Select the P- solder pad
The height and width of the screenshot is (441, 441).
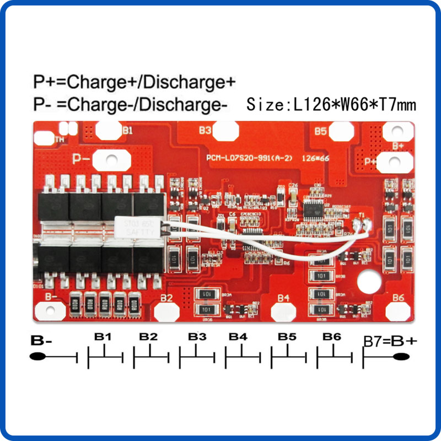pos(111,160)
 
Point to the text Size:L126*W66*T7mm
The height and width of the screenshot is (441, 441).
pos(331,104)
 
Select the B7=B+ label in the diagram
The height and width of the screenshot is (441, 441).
pos(390,341)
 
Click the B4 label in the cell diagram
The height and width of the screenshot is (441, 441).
pos(238,336)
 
